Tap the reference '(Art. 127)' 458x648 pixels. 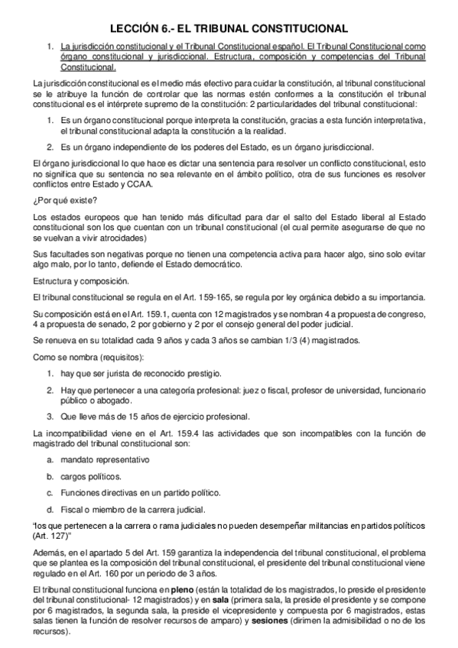[x=55, y=536]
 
